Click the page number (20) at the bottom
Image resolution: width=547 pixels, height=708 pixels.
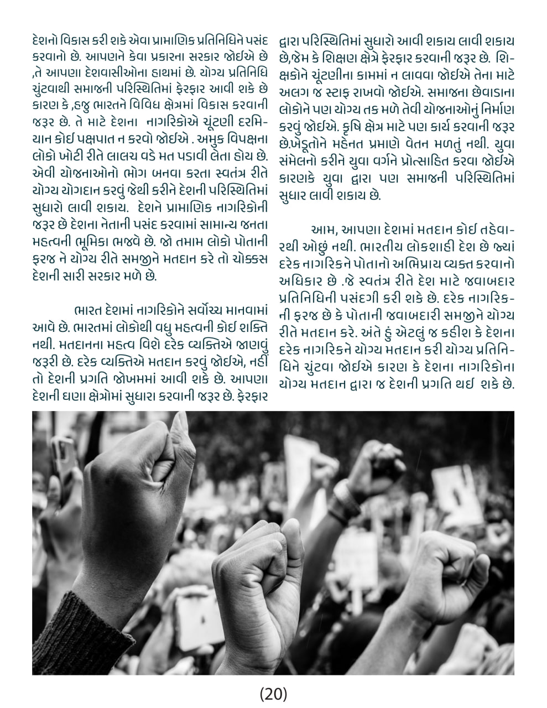273,693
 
